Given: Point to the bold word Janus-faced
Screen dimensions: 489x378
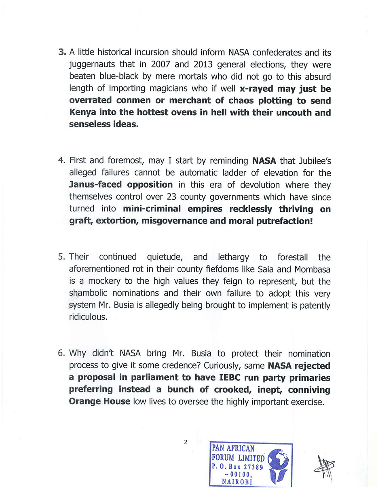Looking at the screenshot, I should pos(96,185).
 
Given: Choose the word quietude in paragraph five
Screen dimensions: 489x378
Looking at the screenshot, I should pos(164,257).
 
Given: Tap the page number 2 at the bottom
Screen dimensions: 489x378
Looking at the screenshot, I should pos(186,442).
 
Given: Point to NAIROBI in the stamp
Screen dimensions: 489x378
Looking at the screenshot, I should pos(237,481).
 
